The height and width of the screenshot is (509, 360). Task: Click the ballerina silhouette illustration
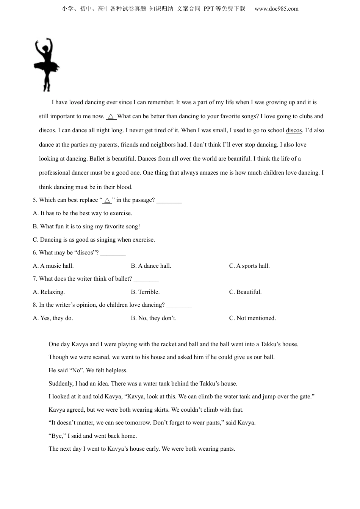click(46, 64)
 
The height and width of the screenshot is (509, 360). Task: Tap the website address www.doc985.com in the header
click(276, 9)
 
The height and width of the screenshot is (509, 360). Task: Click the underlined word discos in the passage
click(294, 130)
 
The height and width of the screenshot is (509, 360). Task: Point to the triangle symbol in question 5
click(107, 200)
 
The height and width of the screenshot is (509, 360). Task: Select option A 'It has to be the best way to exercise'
click(83, 213)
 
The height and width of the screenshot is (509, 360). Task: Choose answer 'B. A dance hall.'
click(151, 266)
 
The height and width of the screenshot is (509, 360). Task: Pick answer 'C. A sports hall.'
click(249, 266)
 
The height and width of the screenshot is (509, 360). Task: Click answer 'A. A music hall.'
click(53, 266)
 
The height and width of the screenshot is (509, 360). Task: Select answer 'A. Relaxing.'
click(49, 292)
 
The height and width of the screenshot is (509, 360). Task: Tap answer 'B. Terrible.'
click(145, 292)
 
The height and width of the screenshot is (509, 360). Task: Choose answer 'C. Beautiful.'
click(245, 292)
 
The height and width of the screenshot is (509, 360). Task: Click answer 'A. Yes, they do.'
click(53, 318)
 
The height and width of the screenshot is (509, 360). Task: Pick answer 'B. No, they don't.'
click(153, 318)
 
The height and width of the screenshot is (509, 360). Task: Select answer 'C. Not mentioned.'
click(252, 318)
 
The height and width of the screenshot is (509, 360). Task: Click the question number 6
click(35, 253)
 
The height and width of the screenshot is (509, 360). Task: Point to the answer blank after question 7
click(146, 279)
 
